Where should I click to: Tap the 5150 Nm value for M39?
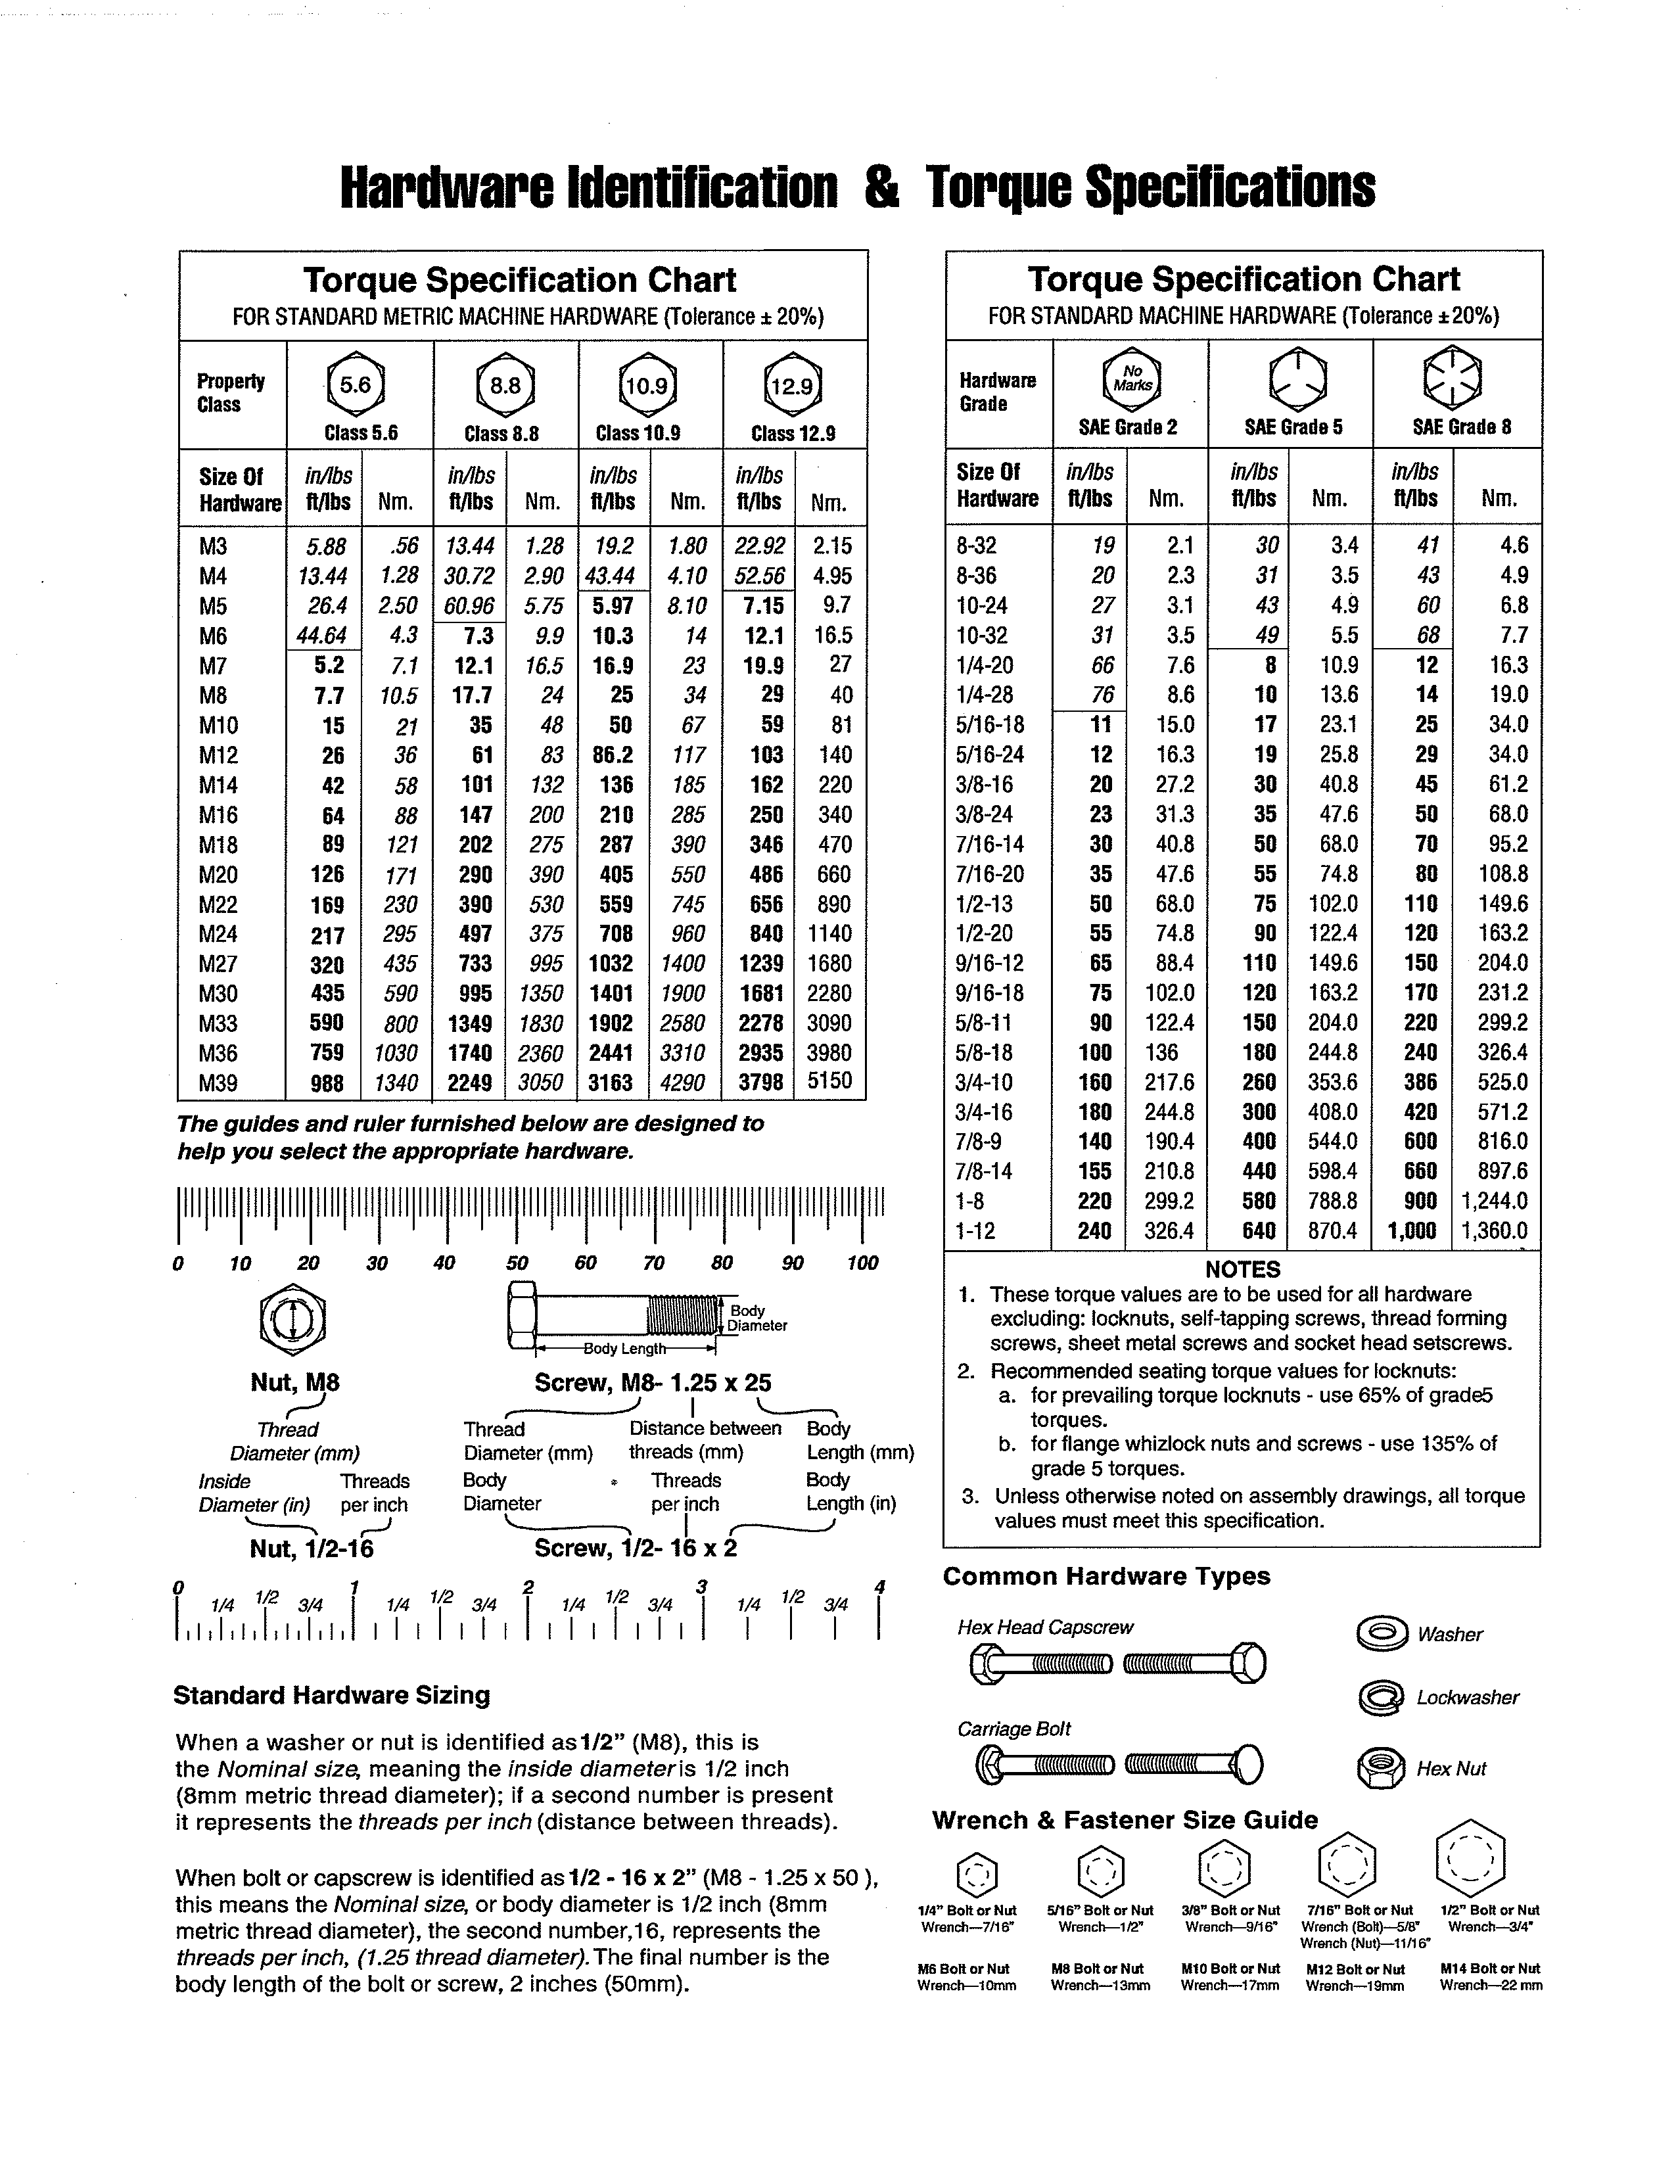[830, 1081]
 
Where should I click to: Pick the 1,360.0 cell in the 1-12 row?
[1495, 1232]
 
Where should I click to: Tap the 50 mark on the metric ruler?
[517, 1263]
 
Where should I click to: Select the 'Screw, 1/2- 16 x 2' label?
[636, 1549]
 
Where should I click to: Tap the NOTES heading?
[1242, 1269]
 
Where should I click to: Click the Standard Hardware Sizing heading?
[332, 1695]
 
